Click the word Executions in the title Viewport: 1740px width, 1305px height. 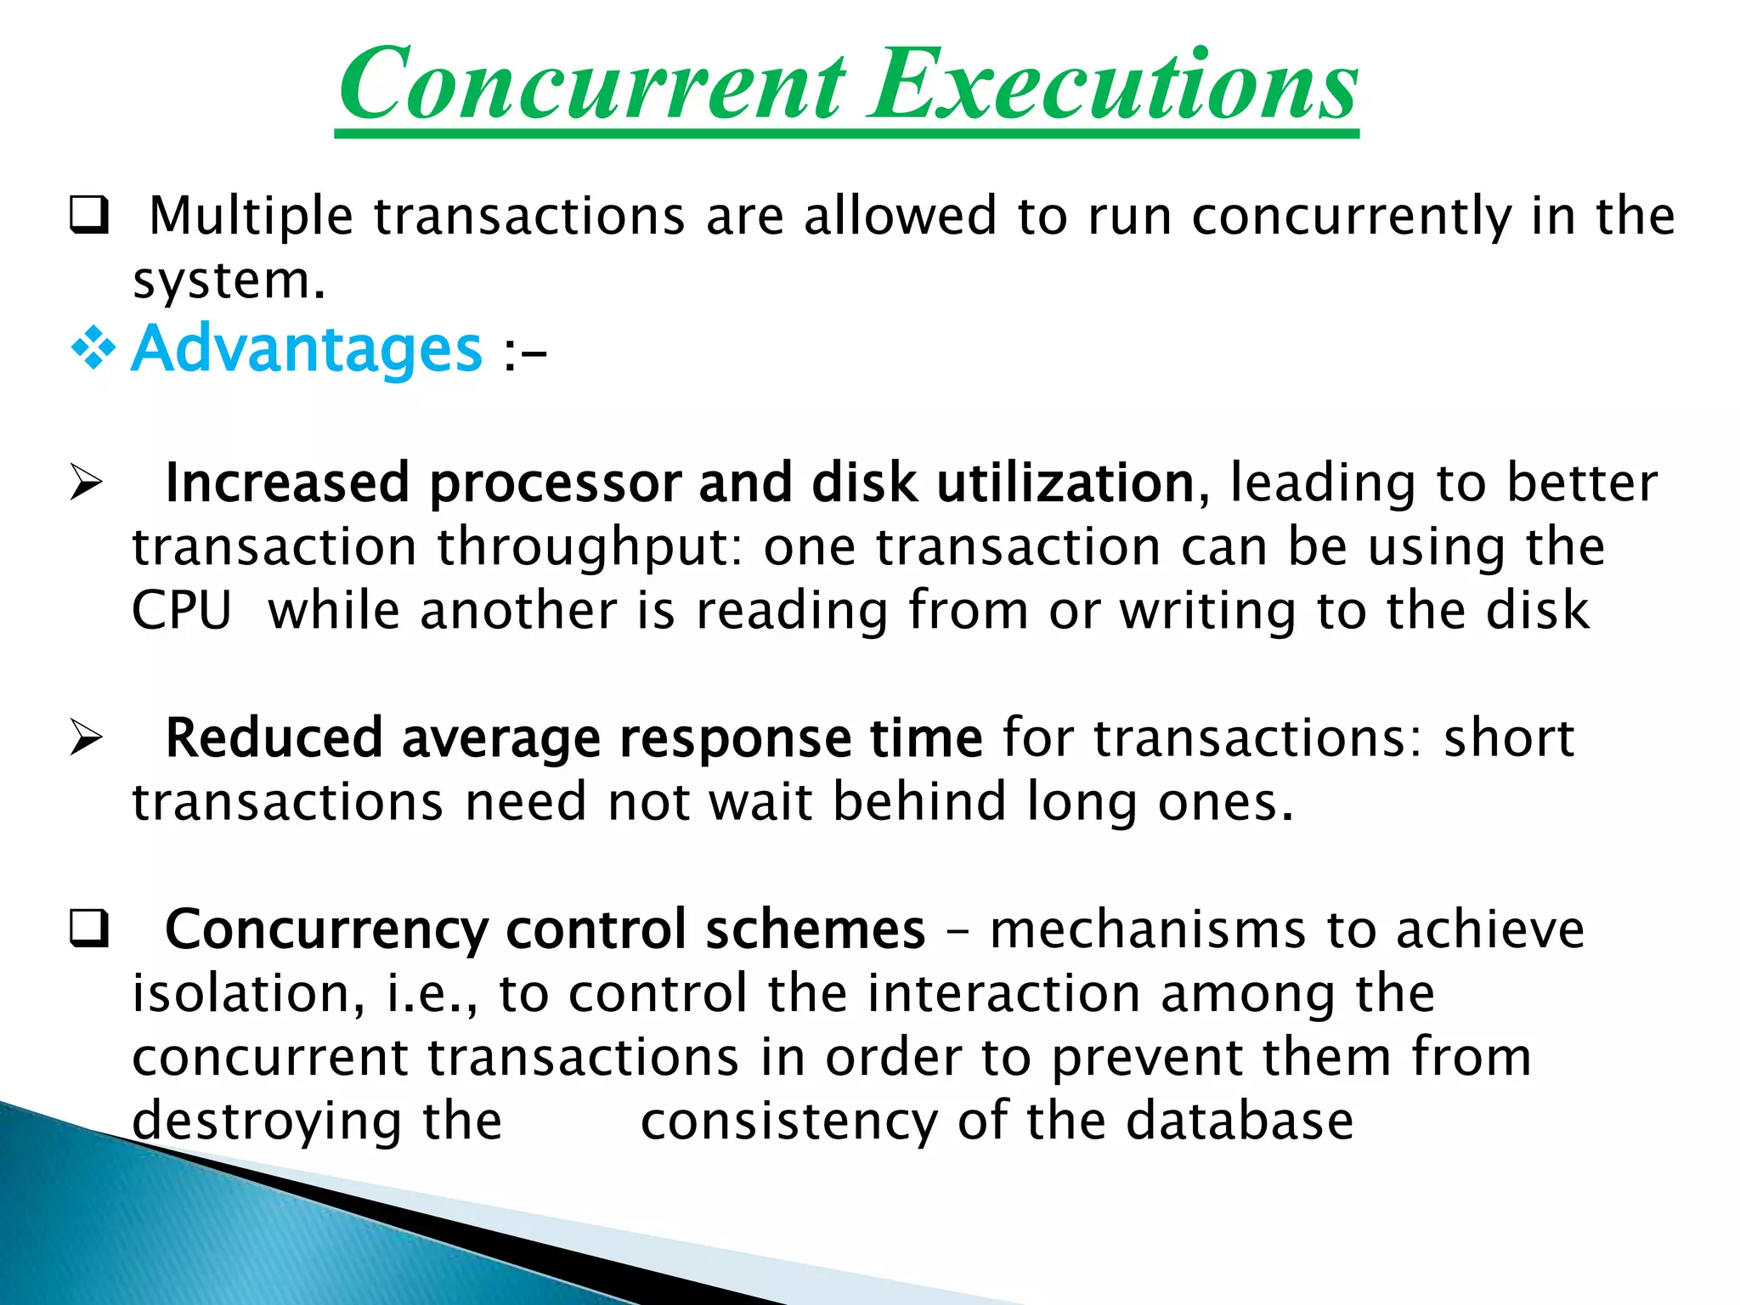click(x=1113, y=85)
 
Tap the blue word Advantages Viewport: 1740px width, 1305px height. click(x=308, y=348)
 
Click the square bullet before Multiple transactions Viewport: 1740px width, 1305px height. click(x=88, y=216)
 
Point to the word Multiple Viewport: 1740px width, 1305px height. click(x=251, y=216)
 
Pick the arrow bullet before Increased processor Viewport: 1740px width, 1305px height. click(x=87, y=483)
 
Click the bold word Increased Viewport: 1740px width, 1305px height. click(x=287, y=483)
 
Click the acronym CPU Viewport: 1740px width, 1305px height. click(x=182, y=611)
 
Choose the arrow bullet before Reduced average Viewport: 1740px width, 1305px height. click(x=87, y=737)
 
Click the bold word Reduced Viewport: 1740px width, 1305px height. click(x=274, y=737)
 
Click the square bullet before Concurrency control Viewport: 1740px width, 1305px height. click(x=88, y=929)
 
